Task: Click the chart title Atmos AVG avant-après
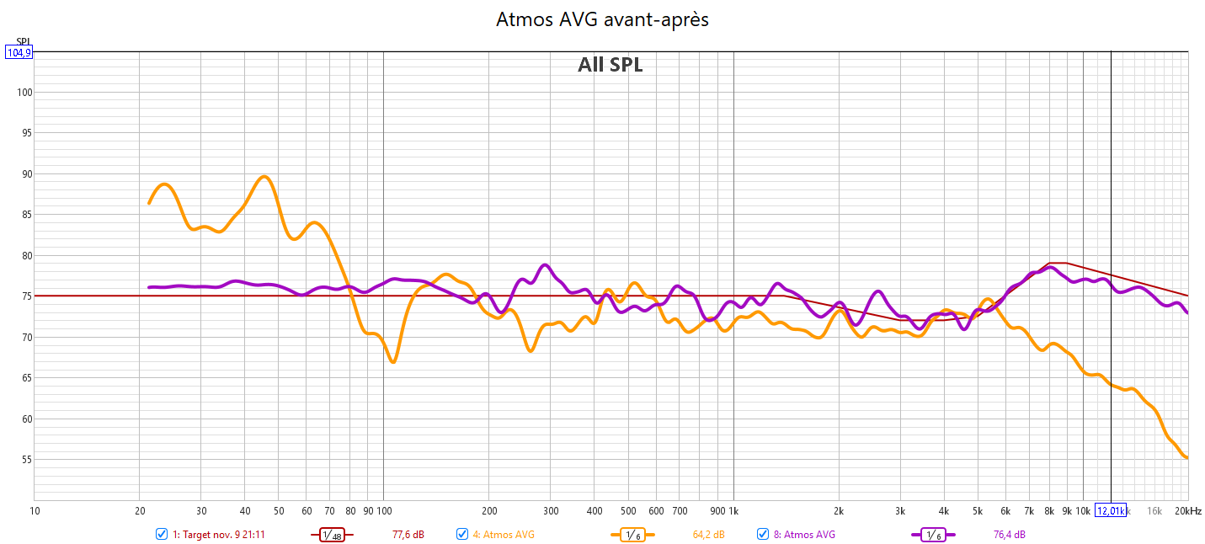click(602, 19)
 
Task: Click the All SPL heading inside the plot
click(610, 65)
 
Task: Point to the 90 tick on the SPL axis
click(24, 174)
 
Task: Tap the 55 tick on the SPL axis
click(24, 460)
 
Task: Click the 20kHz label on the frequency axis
click(1187, 511)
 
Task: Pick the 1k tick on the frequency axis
click(733, 511)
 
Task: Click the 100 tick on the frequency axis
click(384, 511)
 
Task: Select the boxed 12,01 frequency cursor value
click(1110, 511)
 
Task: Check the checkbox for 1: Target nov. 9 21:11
click(162, 534)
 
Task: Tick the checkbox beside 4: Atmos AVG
click(462, 534)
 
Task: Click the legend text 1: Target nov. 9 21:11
click(219, 534)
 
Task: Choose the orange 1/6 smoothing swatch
click(632, 534)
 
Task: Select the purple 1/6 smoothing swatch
click(933, 534)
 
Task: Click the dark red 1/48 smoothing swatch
click(331, 534)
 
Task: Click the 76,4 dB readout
click(1010, 534)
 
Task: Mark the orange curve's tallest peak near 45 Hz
click(264, 176)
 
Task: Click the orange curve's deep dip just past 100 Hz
click(393, 362)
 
